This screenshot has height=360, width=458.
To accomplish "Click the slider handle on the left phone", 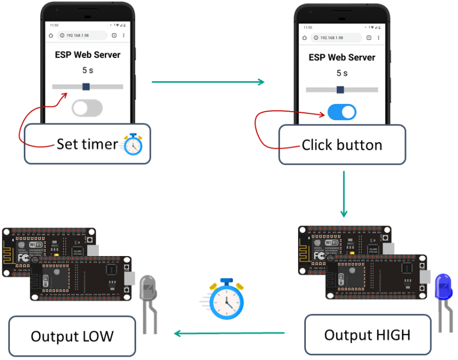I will [x=86, y=86].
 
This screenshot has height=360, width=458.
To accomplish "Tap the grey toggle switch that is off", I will [x=87, y=108].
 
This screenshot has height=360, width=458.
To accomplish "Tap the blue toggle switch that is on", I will [x=342, y=112].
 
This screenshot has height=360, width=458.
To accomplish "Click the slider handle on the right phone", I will [x=340, y=90].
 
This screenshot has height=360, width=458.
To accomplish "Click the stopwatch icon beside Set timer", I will [x=133, y=144].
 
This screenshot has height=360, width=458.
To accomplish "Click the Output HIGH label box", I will [x=367, y=335].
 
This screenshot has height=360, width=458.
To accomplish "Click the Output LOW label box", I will [x=72, y=336].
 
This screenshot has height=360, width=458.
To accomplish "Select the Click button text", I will [x=342, y=145].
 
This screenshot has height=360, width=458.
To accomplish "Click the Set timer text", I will [x=87, y=144].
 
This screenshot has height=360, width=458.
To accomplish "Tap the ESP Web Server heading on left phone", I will [x=87, y=55].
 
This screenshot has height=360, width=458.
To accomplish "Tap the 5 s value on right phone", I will [x=342, y=73].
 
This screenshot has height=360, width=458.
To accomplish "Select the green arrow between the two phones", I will [x=207, y=82].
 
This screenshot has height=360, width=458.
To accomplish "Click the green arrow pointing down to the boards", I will [x=343, y=194].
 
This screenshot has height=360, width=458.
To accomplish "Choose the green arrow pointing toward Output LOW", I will [x=229, y=333].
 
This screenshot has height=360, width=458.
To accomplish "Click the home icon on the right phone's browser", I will [x=304, y=38].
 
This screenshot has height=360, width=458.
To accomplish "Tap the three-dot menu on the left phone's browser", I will [x=123, y=35].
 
